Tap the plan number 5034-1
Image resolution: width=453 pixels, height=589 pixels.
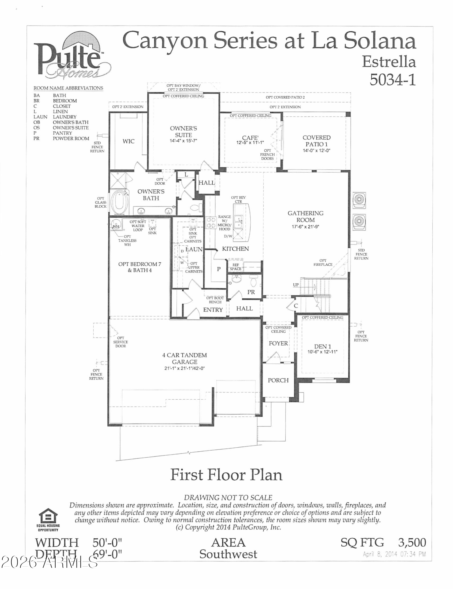click(393, 79)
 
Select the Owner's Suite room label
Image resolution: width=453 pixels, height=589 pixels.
click(183, 132)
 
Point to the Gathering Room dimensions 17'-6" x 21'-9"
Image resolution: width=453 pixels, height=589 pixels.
click(305, 226)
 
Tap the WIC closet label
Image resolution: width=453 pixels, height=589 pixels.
click(128, 141)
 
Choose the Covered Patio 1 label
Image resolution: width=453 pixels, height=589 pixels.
click(317, 141)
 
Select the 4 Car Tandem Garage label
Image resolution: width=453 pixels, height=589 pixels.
click(185, 358)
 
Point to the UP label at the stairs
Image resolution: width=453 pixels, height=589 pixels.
click(296, 285)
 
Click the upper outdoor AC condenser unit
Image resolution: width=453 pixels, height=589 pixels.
click(359, 199)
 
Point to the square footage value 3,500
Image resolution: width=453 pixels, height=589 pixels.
click(412, 542)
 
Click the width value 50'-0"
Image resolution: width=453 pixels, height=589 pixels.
click(107, 542)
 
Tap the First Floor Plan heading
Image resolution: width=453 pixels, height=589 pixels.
click(226, 475)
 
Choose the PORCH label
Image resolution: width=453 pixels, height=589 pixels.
click(278, 380)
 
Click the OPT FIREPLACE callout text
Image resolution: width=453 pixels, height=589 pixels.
click(323, 262)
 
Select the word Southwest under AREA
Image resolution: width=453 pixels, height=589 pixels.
click(228, 554)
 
